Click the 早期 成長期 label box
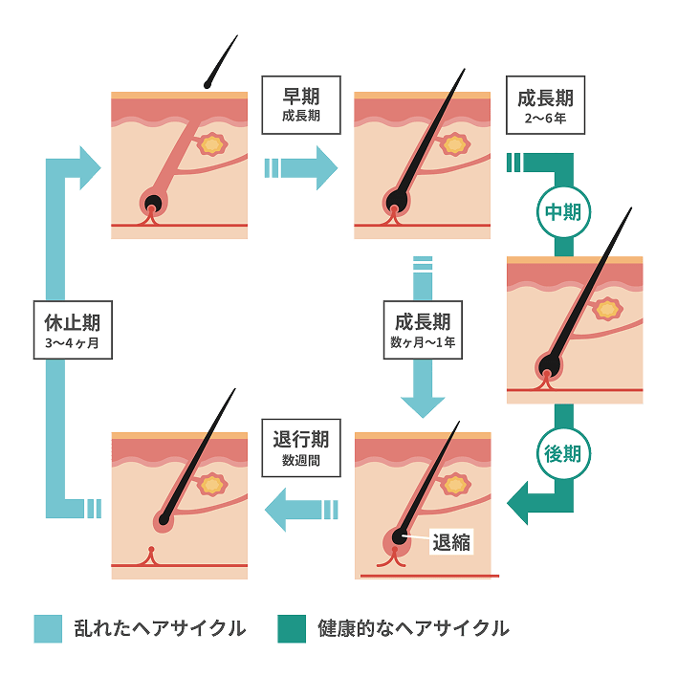300,104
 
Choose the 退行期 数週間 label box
300,448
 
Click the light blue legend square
48,628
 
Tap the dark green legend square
291,628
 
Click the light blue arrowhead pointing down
422,401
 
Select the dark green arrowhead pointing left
520,499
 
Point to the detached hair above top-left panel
220,62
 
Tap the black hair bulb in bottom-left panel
165,520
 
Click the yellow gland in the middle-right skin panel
606,310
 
